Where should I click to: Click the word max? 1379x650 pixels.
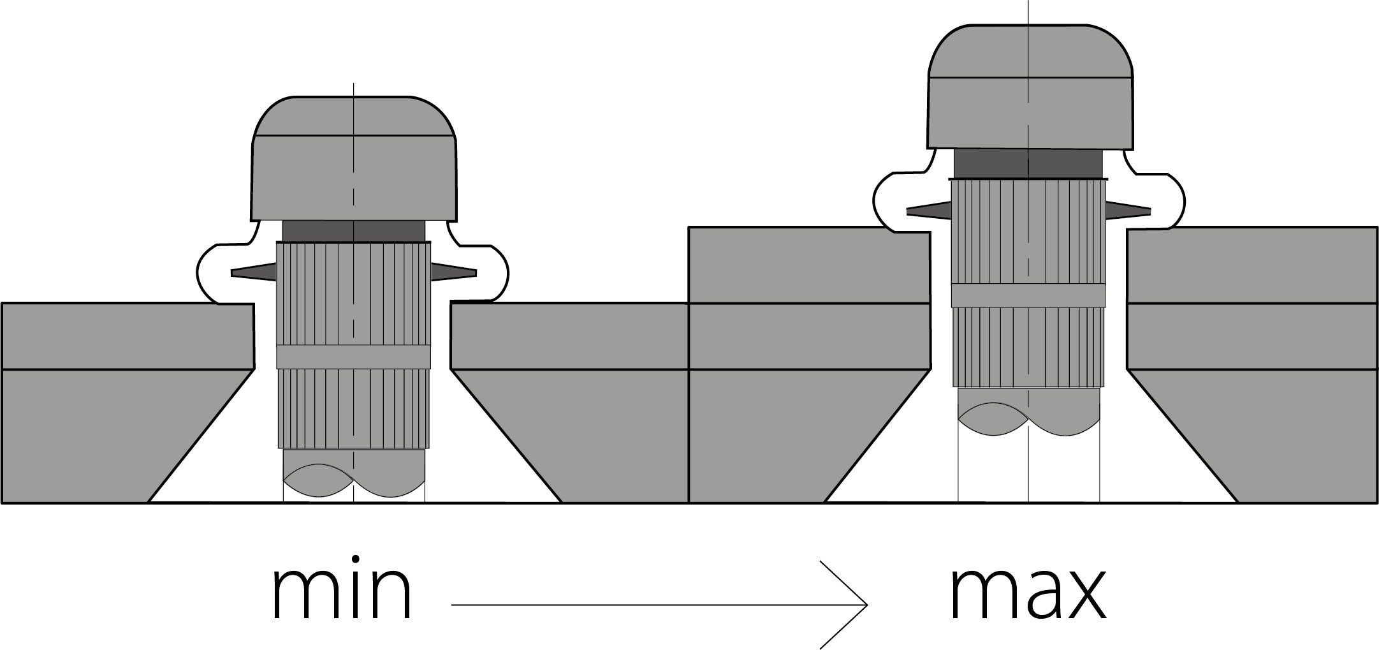tap(1028, 593)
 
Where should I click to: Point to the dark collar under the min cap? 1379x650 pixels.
tap(354, 231)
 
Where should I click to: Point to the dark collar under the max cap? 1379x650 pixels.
tap(1028, 164)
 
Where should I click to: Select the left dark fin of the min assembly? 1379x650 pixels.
tap(254, 272)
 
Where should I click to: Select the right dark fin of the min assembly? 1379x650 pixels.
tap(453, 272)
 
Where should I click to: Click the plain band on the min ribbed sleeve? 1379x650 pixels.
tap(353, 357)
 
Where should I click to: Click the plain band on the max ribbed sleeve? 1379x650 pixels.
tap(1028, 295)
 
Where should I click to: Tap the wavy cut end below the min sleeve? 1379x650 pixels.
tap(354, 475)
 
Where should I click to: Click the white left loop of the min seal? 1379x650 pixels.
tap(220, 273)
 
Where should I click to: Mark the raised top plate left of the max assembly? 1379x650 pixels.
tap(808, 265)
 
